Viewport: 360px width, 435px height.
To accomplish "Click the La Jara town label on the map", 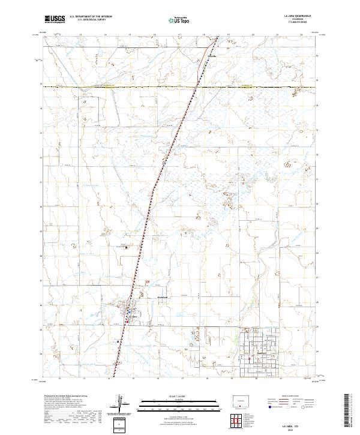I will tap(133, 316).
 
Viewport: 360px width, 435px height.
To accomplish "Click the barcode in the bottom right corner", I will tap(350, 410).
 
